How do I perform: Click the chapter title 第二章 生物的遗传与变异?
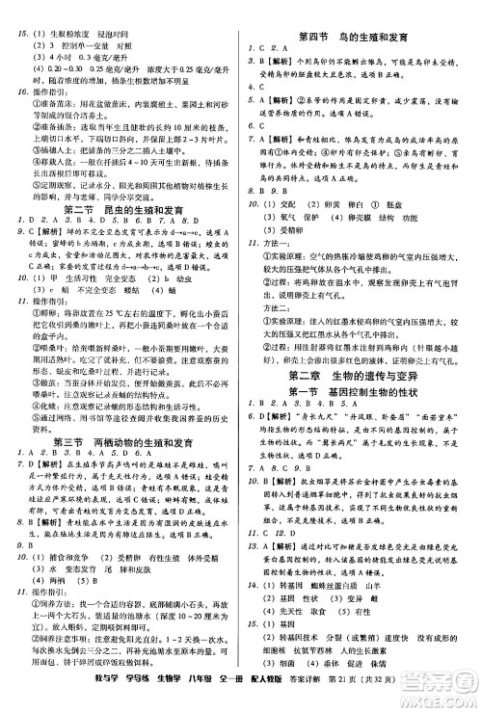tap(360, 373)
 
